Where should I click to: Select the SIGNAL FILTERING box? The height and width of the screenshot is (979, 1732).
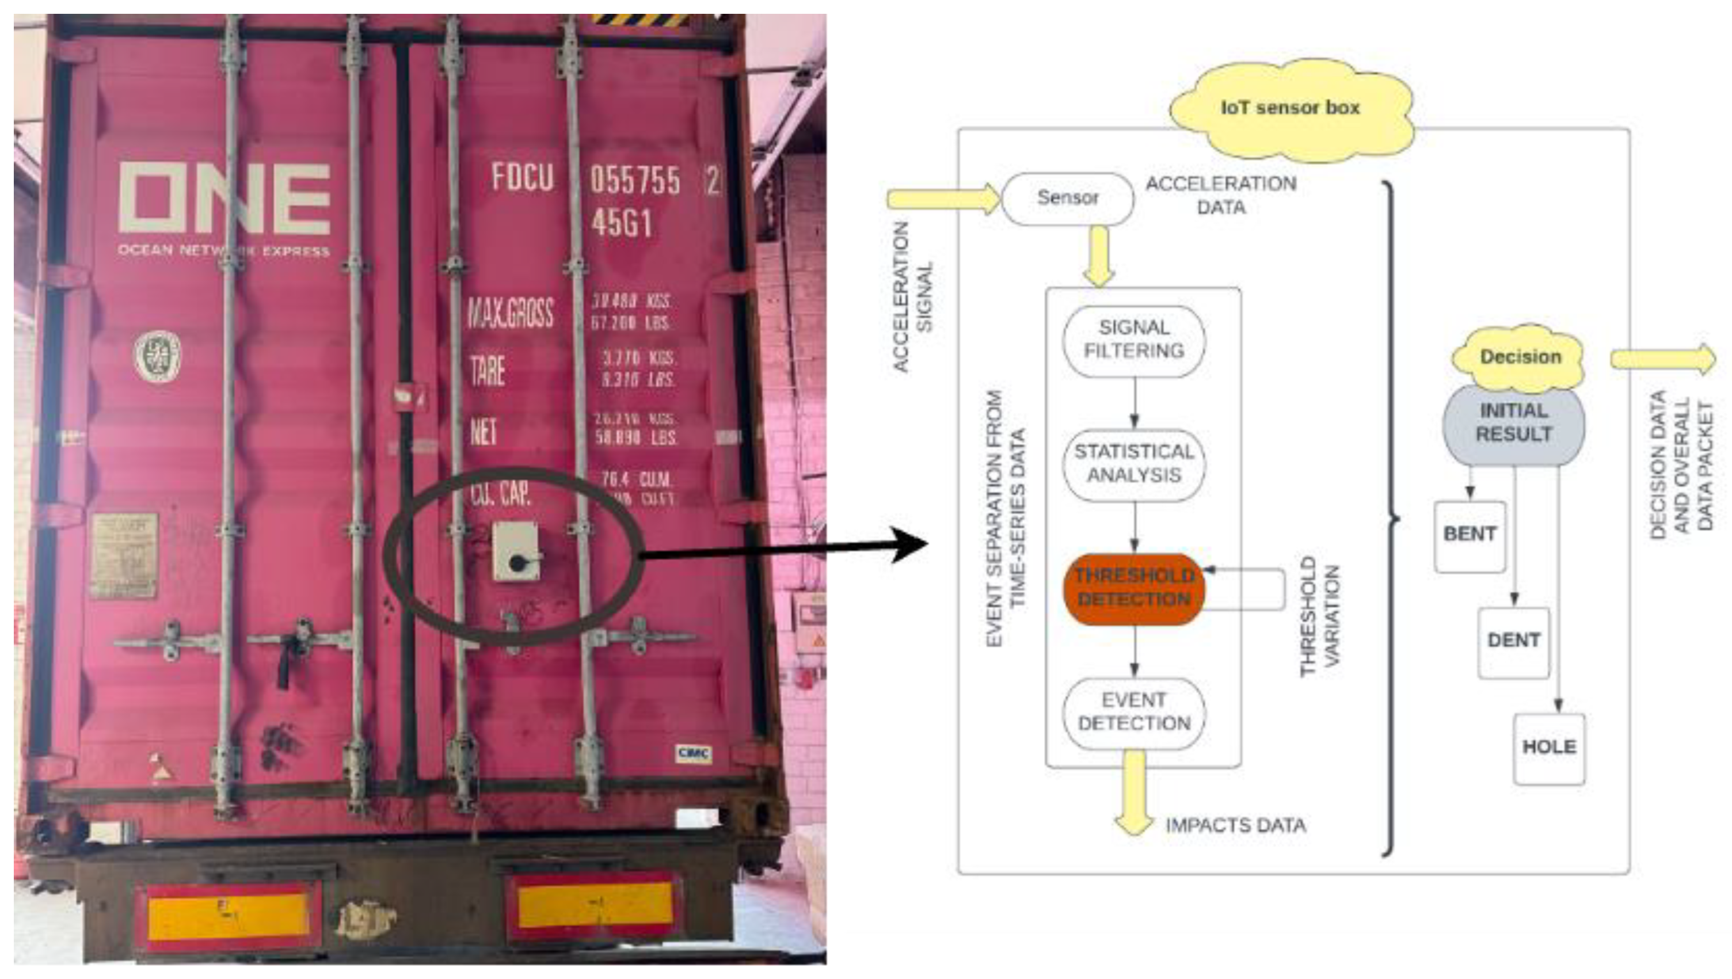point(1133,340)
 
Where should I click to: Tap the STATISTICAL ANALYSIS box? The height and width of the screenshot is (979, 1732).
point(1133,464)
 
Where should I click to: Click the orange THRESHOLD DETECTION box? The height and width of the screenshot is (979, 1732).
point(1133,588)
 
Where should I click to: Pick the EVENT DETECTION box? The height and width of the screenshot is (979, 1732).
point(1133,713)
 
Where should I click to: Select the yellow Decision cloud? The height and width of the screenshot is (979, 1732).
point(1519,356)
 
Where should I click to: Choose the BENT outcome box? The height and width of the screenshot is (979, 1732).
point(1469,535)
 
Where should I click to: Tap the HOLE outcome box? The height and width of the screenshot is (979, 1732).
point(1548,748)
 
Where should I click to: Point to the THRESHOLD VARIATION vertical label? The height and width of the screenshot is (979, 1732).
point(1319,615)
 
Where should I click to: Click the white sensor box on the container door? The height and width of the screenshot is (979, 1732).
point(516,551)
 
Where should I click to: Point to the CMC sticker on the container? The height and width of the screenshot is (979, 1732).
point(693,753)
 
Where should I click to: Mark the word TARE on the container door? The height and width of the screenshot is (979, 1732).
point(487,371)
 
